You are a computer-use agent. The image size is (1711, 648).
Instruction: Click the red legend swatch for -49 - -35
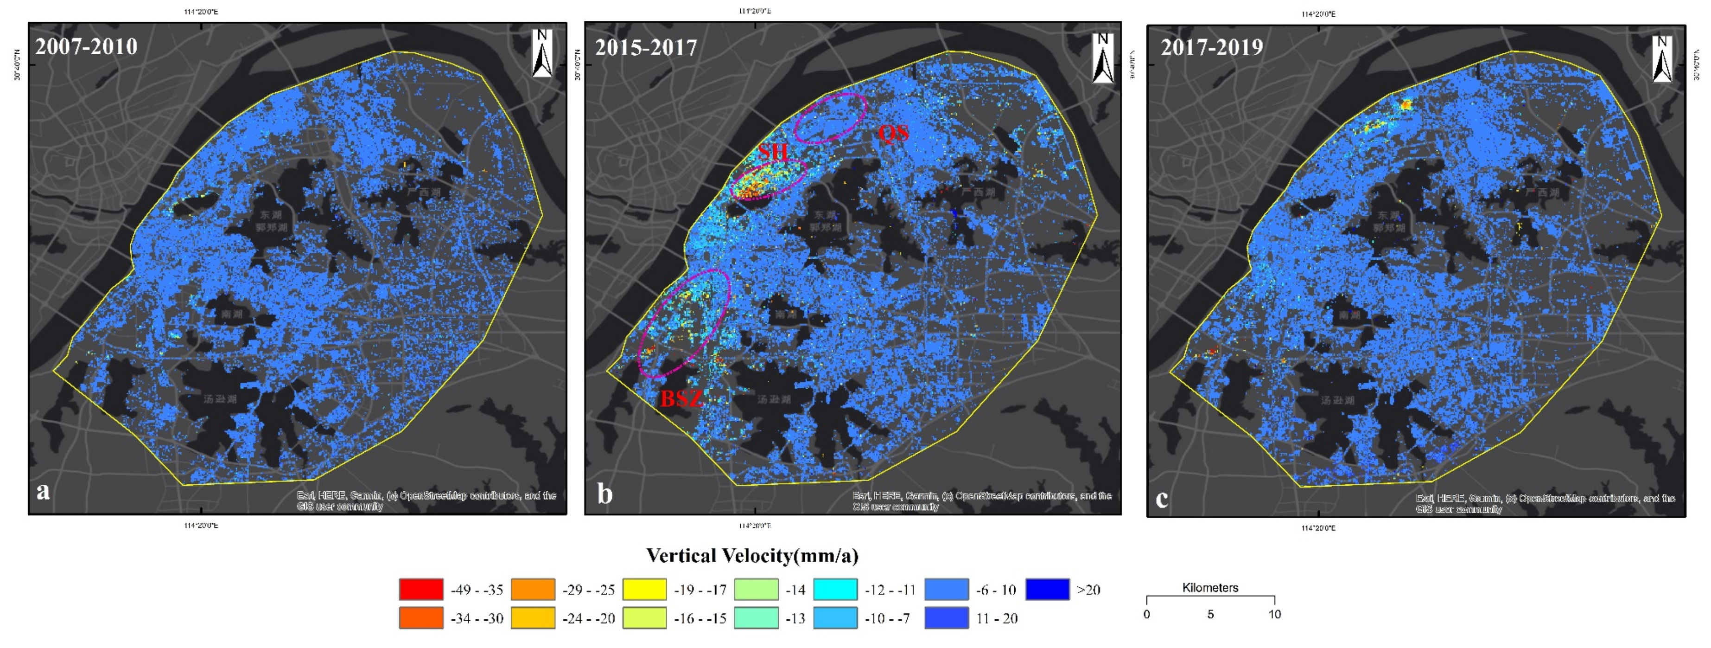(420, 589)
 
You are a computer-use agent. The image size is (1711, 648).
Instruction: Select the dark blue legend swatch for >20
(1047, 589)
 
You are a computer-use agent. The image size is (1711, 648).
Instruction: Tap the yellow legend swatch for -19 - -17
(644, 589)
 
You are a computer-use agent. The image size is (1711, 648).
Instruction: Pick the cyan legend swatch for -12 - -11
(835, 589)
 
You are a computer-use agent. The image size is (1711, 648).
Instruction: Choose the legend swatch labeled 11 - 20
(946, 617)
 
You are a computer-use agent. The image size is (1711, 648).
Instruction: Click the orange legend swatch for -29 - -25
(533, 589)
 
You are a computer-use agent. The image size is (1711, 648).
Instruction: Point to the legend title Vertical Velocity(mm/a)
(752, 555)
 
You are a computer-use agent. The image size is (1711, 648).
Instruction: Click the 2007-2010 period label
(86, 46)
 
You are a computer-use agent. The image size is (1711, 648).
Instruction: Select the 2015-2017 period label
(646, 48)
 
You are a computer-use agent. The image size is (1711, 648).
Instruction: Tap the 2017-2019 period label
(1212, 47)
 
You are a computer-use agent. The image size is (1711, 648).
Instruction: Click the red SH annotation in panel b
(773, 152)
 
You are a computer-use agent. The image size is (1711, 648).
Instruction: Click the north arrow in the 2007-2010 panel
(542, 53)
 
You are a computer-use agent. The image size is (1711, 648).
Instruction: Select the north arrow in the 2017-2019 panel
(1662, 58)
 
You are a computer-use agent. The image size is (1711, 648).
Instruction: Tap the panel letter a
(43, 491)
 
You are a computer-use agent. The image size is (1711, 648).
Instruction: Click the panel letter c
(1162, 497)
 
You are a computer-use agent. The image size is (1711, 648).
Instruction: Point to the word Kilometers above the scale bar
(1210, 588)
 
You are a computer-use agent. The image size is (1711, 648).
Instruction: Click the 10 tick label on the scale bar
(1274, 614)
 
